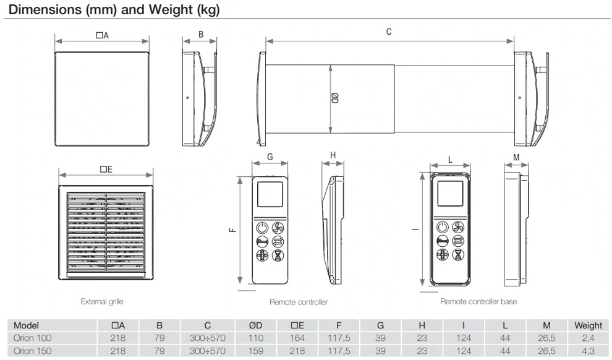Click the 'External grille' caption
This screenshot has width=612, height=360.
pyautogui.click(x=102, y=302)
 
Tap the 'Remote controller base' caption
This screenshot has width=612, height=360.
pyautogui.click(x=478, y=301)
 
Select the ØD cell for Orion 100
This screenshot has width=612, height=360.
pyautogui.click(x=256, y=338)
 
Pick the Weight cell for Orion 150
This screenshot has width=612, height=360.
pyautogui.click(x=588, y=351)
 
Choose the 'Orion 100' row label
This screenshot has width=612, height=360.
pyautogui.click(x=33, y=338)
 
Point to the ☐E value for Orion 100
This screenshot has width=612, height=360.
pyautogui.click(x=297, y=338)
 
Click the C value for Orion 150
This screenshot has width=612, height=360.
pyautogui.click(x=208, y=351)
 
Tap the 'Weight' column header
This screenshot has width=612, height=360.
pyautogui.click(x=588, y=325)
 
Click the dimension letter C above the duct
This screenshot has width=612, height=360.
pyautogui.click(x=389, y=32)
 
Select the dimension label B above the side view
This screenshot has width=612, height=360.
pyautogui.click(x=201, y=35)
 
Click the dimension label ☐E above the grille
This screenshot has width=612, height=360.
pyautogui.click(x=106, y=169)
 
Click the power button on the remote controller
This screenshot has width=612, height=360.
pyautogui.click(x=261, y=227)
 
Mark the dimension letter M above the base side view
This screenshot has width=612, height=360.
pyautogui.click(x=516, y=157)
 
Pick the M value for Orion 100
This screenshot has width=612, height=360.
pyautogui.click(x=546, y=338)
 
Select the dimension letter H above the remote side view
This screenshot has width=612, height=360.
pyautogui.click(x=333, y=156)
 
